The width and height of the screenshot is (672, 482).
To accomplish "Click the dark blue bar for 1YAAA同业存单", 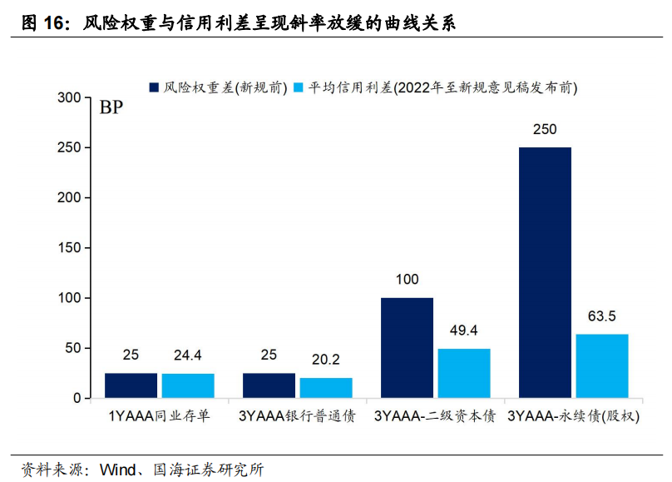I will click(x=131, y=385).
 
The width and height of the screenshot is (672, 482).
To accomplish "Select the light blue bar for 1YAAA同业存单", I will click(x=188, y=385).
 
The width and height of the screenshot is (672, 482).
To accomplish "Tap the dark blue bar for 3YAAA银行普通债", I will click(x=269, y=385).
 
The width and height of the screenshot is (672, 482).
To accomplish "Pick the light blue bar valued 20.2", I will click(x=326, y=388).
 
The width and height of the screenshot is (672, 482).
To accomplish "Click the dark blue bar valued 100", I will click(x=407, y=348).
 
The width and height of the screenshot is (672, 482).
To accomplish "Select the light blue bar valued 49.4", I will click(x=464, y=373).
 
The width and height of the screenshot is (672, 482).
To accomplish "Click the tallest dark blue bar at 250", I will click(x=545, y=273).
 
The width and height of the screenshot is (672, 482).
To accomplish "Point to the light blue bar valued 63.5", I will click(x=602, y=366).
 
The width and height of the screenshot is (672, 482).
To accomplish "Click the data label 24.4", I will click(x=188, y=355).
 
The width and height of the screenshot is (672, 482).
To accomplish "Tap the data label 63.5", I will click(x=602, y=316).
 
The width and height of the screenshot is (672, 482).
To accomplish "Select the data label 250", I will click(x=545, y=130).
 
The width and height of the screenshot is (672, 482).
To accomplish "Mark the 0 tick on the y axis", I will click(x=76, y=398).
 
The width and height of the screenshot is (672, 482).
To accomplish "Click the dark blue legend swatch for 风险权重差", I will click(x=154, y=87).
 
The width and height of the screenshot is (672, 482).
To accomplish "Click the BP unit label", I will click(x=111, y=108).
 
